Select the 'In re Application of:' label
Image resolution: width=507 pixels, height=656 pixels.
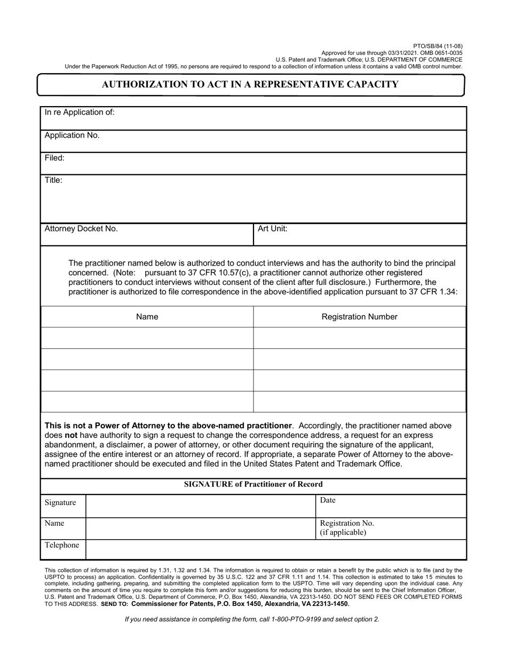point(80,113)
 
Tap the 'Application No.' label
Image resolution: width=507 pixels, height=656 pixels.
point(72,135)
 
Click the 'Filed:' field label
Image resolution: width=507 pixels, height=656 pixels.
point(54,158)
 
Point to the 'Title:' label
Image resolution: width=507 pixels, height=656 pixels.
point(53,180)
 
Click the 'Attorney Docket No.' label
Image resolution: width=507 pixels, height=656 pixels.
point(81,229)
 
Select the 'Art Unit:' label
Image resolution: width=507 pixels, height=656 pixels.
point(273,229)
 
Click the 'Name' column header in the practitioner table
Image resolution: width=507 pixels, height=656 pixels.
point(147,317)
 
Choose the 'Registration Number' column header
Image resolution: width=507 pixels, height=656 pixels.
point(359,317)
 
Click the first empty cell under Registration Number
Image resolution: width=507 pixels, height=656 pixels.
point(359,338)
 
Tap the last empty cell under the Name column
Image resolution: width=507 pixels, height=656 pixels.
point(147,402)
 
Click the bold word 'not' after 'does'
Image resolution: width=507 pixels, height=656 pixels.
point(72,435)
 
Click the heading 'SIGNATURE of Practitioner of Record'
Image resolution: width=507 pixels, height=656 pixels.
point(253,484)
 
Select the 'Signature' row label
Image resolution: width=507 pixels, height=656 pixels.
point(60,503)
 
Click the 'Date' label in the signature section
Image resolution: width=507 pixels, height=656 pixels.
point(328,500)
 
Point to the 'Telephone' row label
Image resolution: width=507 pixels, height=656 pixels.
point(62,545)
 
